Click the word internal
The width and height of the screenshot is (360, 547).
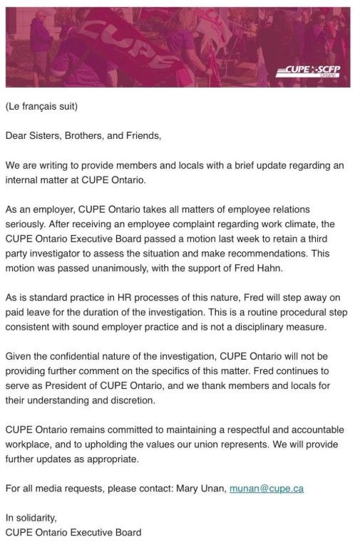pyautogui.click(x=23, y=179)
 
